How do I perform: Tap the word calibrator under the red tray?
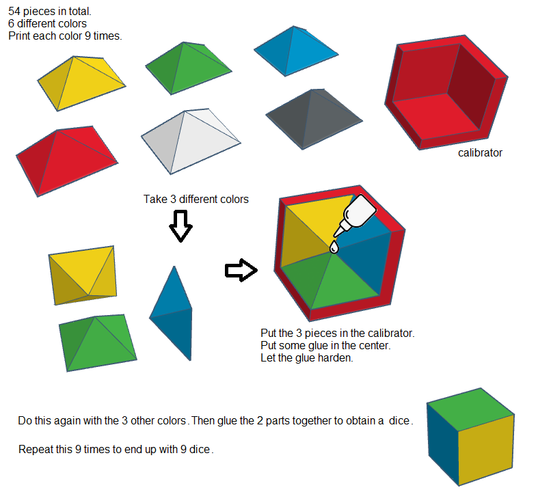480,153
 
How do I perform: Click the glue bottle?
358,215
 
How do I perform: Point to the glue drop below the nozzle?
334,247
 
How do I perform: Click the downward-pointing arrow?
180,226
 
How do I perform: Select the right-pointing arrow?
241,271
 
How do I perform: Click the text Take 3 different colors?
196,200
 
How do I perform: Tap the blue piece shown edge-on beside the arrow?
171,311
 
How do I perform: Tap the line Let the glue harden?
306,358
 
